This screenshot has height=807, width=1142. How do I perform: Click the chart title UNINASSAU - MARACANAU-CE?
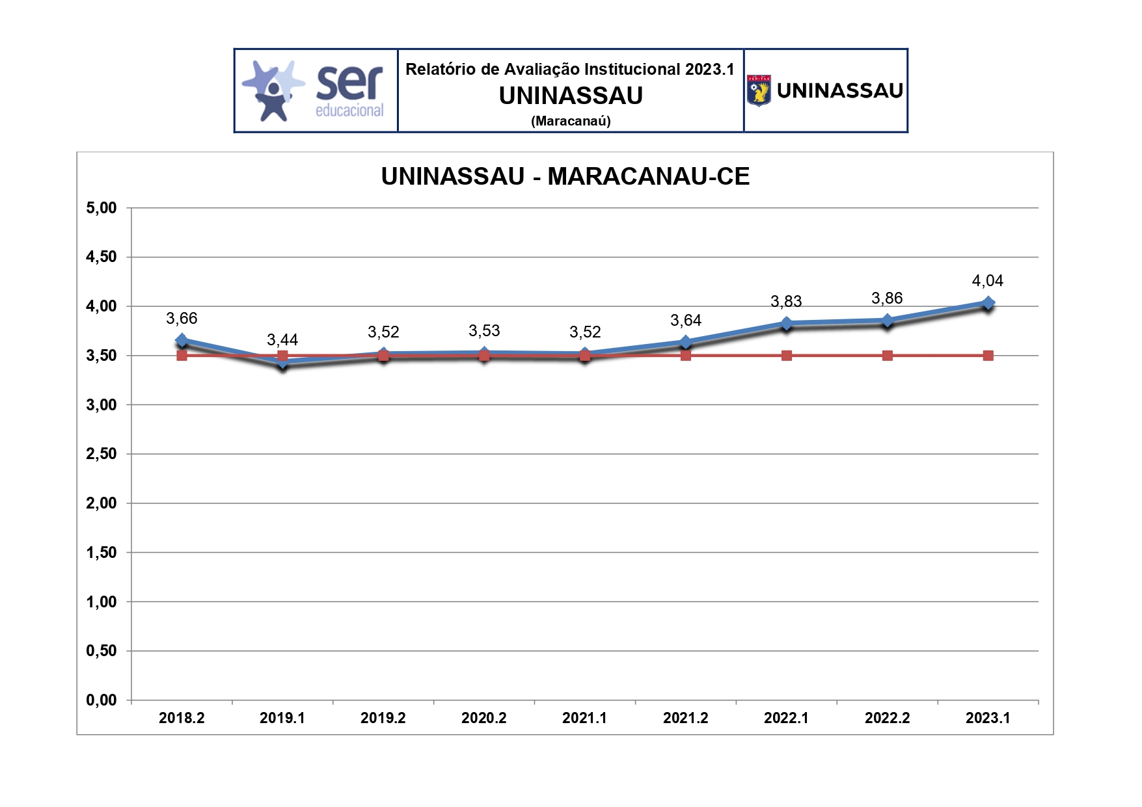(565, 176)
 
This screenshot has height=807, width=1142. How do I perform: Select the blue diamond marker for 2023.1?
(988, 303)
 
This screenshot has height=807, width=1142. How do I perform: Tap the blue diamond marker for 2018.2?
(182, 340)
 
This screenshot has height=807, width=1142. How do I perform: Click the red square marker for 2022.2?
(887, 356)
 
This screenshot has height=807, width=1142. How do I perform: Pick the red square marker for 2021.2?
(685, 356)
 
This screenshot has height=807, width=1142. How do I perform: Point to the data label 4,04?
(987, 281)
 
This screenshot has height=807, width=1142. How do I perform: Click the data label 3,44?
(282, 340)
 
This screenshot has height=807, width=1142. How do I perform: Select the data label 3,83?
(786, 302)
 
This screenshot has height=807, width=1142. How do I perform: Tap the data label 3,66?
(182, 319)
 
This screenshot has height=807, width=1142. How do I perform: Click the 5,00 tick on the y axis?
(102, 208)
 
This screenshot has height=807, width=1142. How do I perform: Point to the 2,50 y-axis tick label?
(102, 454)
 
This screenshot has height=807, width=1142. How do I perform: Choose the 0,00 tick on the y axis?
(102, 700)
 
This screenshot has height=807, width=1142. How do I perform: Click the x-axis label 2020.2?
(483, 718)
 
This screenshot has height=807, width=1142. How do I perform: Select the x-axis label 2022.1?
(786, 718)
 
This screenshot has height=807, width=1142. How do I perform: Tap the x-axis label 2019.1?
(282, 718)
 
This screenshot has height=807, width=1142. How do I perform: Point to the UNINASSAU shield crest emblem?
(759, 90)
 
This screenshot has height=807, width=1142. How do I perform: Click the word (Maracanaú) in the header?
(571, 121)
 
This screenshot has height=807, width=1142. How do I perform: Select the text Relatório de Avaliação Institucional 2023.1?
(570, 70)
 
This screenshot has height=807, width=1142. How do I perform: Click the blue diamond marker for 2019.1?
(282, 362)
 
